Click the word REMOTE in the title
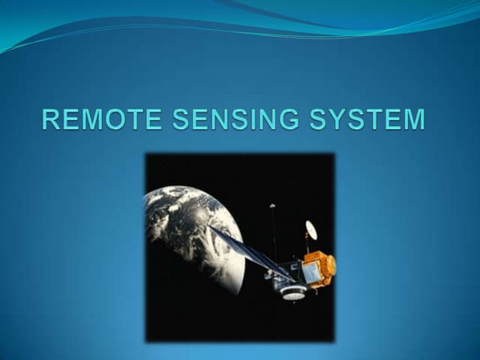click(x=103, y=121)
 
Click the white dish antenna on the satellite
click(x=310, y=230)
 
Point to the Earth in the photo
click(x=187, y=225)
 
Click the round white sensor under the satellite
click(x=292, y=292)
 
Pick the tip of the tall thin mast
click(x=272, y=205)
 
